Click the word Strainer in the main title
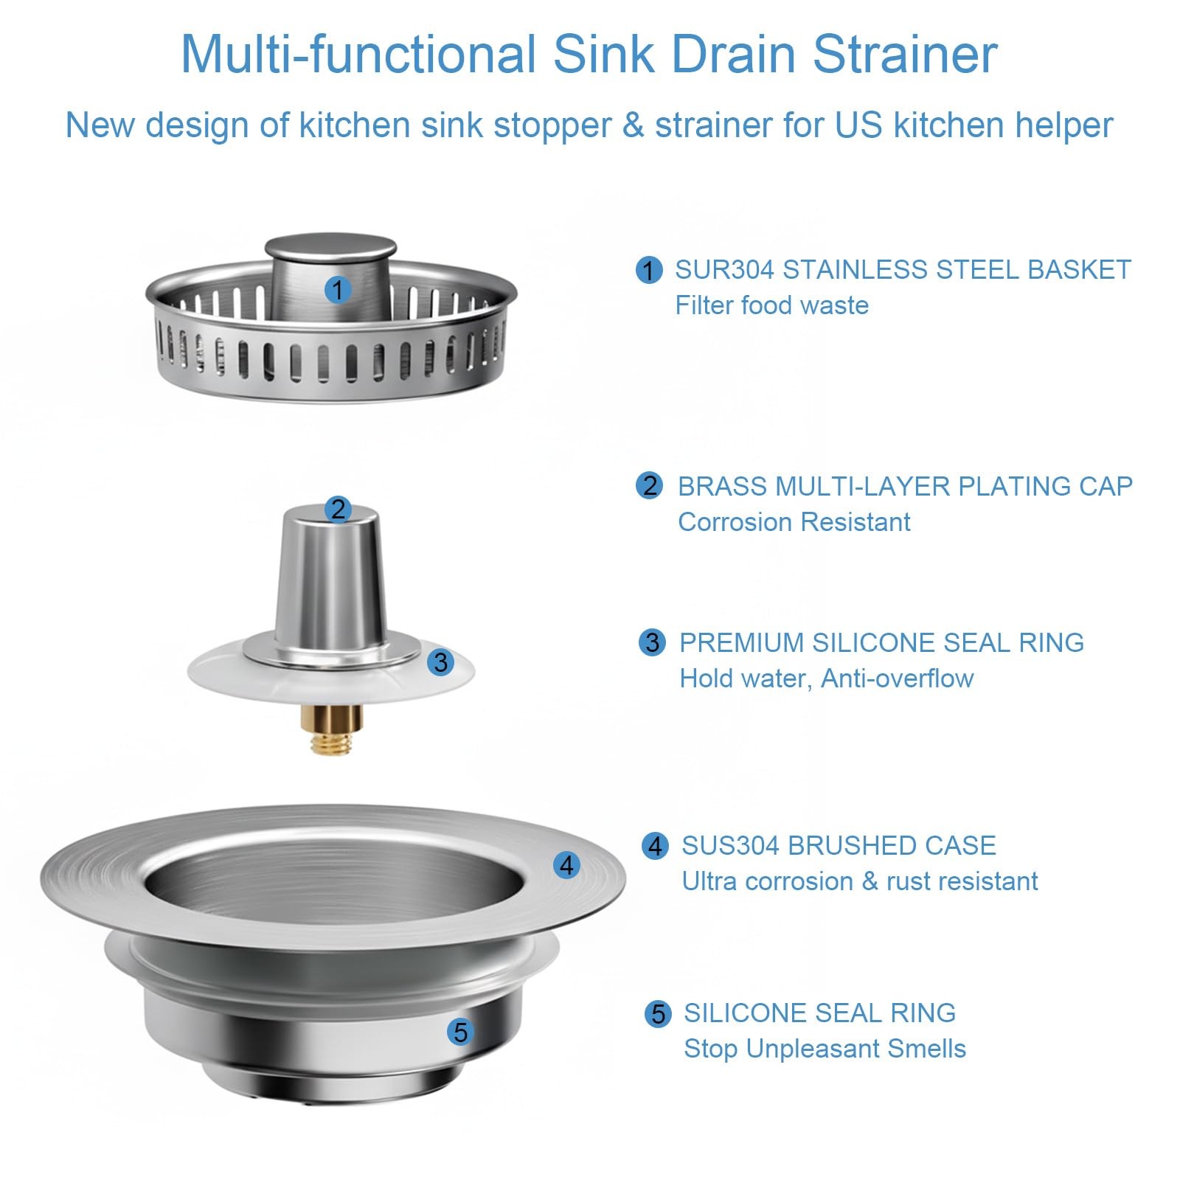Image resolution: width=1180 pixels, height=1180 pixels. (905, 54)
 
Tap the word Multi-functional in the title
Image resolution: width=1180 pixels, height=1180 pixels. (358, 54)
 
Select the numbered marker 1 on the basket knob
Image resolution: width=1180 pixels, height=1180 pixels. (338, 289)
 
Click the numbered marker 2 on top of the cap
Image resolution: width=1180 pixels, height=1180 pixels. (339, 509)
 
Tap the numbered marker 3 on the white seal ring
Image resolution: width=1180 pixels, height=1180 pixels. (441, 662)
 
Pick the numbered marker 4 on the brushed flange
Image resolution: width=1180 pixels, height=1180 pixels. (566, 864)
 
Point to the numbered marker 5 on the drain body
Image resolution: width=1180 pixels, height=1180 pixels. (460, 1032)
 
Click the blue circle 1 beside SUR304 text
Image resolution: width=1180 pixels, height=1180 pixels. (649, 270)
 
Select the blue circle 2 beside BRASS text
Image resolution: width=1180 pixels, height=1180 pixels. (650, 486)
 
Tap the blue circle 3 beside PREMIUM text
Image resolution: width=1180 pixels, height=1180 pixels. (652, 642)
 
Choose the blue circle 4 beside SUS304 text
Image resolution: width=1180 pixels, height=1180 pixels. (655, 845)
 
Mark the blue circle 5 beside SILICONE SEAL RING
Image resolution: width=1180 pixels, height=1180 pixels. (658, 1013)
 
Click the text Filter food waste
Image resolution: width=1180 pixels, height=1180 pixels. (772, 305)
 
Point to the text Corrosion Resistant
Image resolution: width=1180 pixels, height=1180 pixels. (794, 522)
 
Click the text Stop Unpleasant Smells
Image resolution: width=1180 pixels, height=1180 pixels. (825, 1049)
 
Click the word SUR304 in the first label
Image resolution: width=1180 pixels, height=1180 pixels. (725, 270)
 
